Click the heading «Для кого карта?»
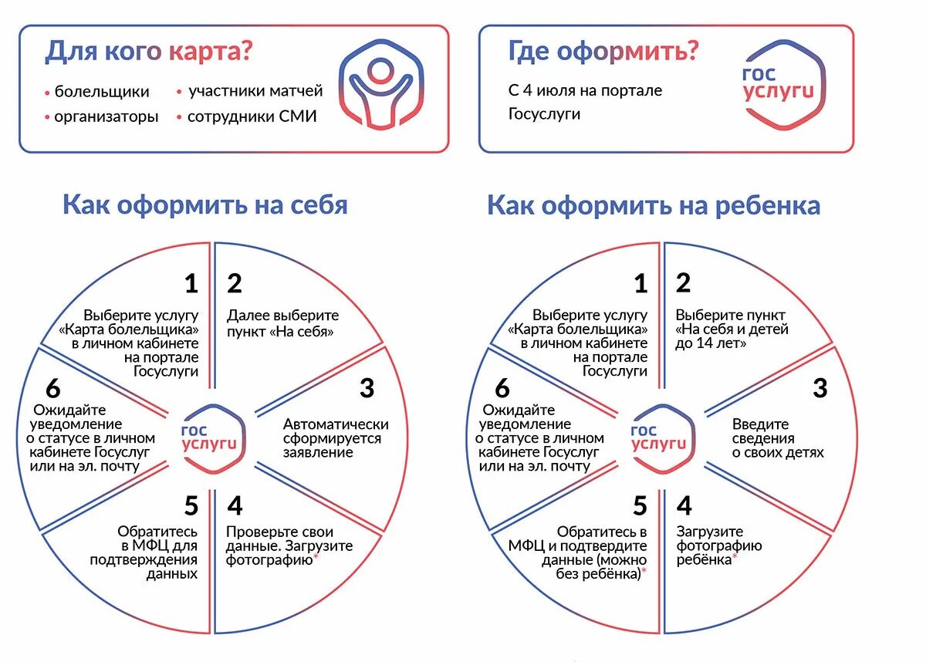149,52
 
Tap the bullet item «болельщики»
102,92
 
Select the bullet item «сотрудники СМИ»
252,117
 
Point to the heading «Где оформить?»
603,52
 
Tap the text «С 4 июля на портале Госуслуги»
585,102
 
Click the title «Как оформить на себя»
204,205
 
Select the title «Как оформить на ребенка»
653,206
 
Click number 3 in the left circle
367,387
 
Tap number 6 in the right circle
502,387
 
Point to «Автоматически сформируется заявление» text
336,438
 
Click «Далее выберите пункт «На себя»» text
282,323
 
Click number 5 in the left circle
191,506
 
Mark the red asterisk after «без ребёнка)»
644,572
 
